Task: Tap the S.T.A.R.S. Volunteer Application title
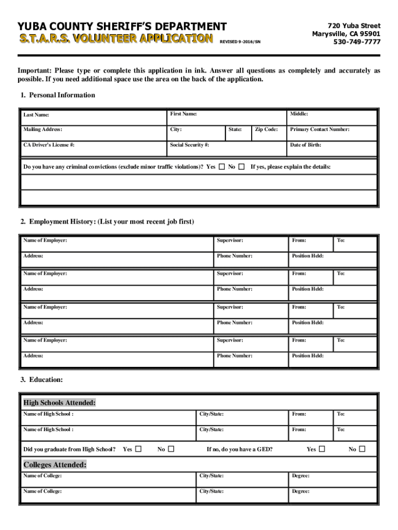coord(116,38)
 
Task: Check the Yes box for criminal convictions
coord(222,167)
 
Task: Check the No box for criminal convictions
coord(241,167)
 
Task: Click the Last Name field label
coord(35,114)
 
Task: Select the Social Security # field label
coord(189,145)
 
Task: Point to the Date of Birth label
coord(305,145)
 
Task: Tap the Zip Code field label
coord(267,129)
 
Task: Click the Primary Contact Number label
coord(319,129)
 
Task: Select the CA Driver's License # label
coord(49,145)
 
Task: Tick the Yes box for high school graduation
coord(138,449)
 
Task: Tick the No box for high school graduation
coord(171,449)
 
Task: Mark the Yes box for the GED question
coord(323,449)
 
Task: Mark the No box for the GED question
coord(362,449)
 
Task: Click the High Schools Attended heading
coord(59,403)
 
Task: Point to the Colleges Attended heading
coord(55,464)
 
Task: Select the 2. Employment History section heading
coord(107,222)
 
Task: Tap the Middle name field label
coord(299,114)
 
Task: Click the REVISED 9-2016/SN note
coord(240,41)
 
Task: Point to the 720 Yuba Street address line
coord(354,26)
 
